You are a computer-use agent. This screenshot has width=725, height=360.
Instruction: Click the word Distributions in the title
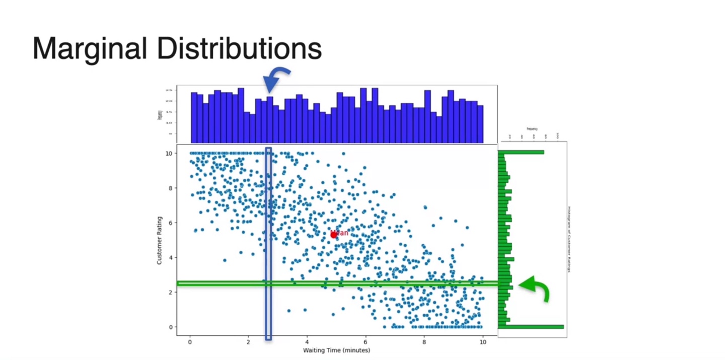click(x=239, y=49)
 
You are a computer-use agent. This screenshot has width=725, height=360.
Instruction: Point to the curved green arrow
click(x=535, y=288)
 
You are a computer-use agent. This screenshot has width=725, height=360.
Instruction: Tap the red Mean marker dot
click(x=334, y=235)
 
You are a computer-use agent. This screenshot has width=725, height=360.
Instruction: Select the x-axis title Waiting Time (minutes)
click(x=336, y=350)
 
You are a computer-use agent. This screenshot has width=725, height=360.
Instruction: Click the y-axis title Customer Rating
click(x=159, y=240)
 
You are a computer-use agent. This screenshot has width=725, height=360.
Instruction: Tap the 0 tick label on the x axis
click(x=190, y=342)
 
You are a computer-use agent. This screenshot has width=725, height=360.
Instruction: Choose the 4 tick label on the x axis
click(x=307, y=342)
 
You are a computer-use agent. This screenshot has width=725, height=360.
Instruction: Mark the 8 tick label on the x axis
click(x=424, y=342)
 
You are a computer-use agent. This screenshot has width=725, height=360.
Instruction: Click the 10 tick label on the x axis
click(x=482, y=342)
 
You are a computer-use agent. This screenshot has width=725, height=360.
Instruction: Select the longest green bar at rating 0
click(x=531, y=327)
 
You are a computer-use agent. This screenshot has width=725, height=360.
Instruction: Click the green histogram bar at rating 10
click(x=521, y=152)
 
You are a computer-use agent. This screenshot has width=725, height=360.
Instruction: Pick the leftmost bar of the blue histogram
click(x=194, y=118)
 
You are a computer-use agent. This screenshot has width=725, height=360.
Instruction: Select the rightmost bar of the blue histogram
click(x=480, y=124)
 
